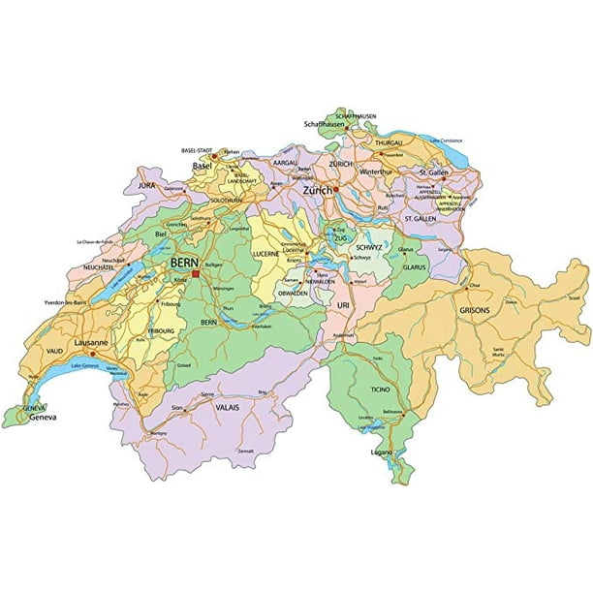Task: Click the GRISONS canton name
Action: point(475,310)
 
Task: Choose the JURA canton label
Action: point(147,183)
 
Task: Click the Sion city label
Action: point(176,409)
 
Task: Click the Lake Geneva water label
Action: point(82,366)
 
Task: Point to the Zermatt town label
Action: point(245,452)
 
